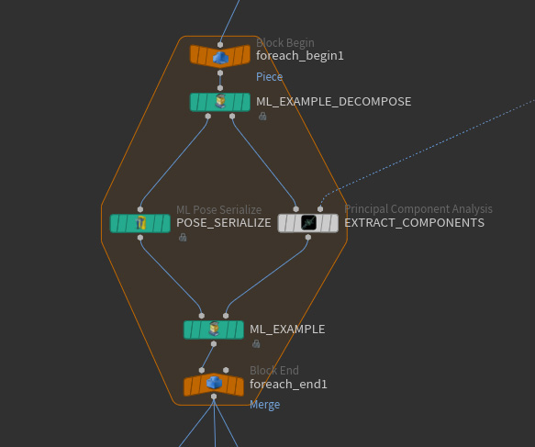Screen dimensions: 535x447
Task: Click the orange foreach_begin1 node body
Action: [x=220, y=56]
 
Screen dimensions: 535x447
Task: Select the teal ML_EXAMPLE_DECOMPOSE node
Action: [x=220, y=102]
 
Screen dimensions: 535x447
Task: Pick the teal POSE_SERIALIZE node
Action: [x=139, y=223]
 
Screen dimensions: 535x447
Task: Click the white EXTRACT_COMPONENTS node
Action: [x=308, y=223]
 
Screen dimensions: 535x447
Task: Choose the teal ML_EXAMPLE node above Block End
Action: [x=214, y=330]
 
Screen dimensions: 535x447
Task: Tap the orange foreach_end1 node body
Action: [x=214, y=385]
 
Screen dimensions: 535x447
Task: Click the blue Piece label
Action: [x=269, y=77]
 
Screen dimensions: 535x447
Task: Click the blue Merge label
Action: [x=265, y=405]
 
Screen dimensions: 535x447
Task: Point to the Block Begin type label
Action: [x=285, y=43]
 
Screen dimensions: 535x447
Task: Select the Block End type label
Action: [x=274, y=371]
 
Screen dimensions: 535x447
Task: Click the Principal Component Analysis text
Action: [x=418, y=209]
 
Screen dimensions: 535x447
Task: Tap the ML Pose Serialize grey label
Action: [x=218, y=209]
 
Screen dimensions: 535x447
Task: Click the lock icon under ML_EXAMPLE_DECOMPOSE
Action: [x=262, y=117]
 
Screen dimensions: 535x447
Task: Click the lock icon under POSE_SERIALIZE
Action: [x=183, y=237]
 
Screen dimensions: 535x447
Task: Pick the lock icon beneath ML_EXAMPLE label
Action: [x=256, y=343]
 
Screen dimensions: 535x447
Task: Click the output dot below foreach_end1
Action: [x=214, y=397]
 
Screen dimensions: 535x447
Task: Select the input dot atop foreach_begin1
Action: [x=220, y=45]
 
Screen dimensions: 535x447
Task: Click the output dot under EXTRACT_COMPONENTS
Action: [x=308, y=237]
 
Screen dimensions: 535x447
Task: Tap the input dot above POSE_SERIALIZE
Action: [x=139, y=209]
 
